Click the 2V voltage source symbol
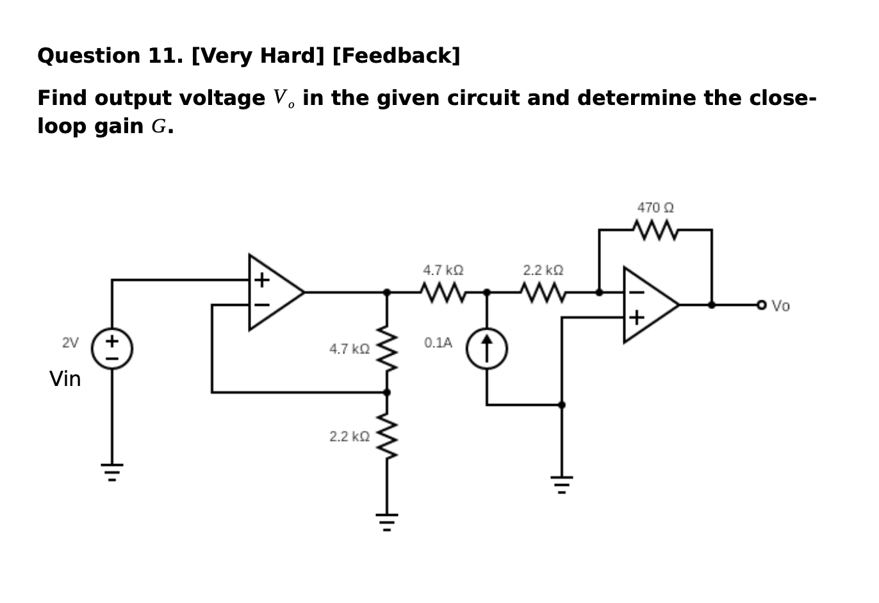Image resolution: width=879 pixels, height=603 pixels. (112, 349)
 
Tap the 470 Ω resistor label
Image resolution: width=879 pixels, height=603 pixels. (655, 208)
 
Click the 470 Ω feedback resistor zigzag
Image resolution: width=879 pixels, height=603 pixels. (655, 229)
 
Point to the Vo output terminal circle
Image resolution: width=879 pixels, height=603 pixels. (761, 305)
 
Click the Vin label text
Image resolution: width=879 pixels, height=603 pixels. (65, 379)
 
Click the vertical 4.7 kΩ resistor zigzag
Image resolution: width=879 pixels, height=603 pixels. (387, 349)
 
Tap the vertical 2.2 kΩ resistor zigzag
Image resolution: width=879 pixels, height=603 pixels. (387, 436)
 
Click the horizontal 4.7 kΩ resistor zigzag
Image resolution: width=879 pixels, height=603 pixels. (443, 293)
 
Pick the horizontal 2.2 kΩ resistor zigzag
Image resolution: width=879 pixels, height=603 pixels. (543, 293)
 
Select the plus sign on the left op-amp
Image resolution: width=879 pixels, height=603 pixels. (261, 280)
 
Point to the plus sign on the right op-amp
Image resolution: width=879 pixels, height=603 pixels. (636, 318)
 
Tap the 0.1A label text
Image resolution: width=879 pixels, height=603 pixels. (438, 342)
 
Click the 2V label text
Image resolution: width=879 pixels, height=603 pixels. (70, 342)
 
